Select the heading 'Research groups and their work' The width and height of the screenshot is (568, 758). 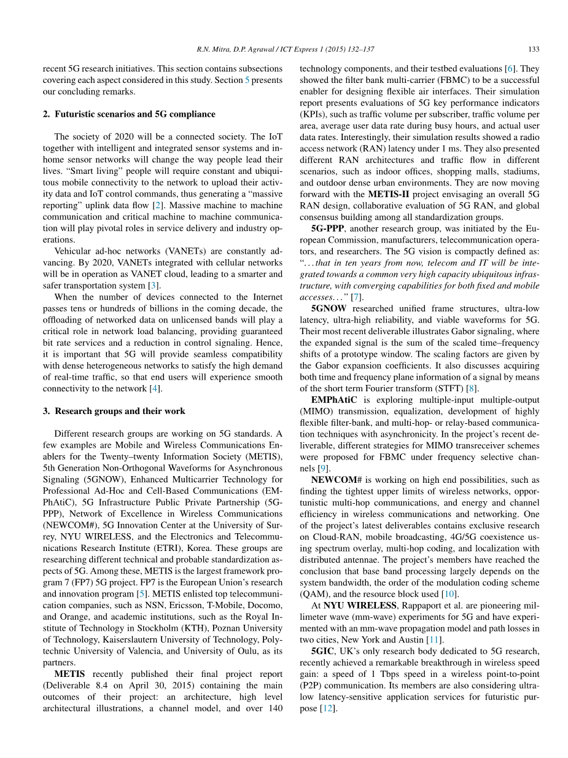[x=120, y=411]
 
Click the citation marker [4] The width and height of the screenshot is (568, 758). [x=156, y=388]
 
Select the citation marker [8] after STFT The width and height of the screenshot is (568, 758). [x=471, y=388]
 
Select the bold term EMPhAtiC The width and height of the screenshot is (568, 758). [x=336, y=399]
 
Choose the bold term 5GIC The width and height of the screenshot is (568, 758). [x=324, y=651]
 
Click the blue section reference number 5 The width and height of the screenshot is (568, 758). [x=247, y=80]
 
